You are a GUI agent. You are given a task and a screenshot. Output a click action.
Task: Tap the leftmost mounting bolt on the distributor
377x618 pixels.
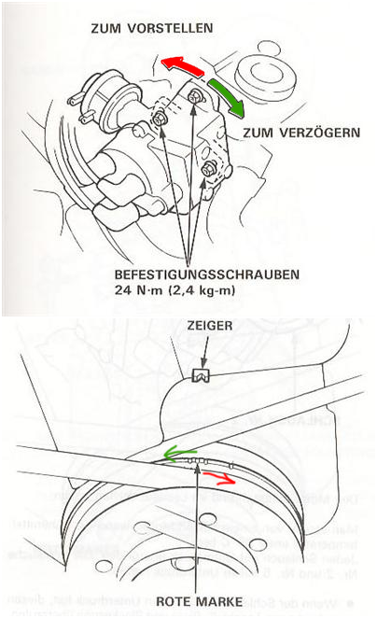(161, 119)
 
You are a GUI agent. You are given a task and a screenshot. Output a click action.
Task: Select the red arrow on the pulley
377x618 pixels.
(240, 479)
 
